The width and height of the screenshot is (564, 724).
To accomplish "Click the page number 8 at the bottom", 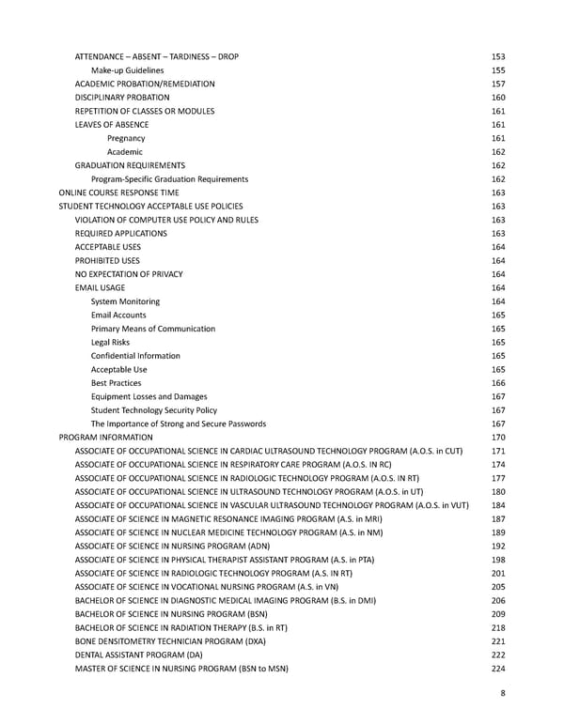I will pyautogui.click(x=503, y=697).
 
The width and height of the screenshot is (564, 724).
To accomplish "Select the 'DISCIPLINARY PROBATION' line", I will pyautogui.click(x=122, y=98).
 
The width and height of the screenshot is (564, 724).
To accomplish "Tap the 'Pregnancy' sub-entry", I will pyautogui.click(x=126, y=138).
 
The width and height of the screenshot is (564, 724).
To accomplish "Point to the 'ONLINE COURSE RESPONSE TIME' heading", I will pyautogui.click(x=118, y=193).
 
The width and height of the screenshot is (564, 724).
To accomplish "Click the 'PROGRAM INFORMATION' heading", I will pyautogui.click(x=105, y=438).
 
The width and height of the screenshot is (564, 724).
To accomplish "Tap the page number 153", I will pyautogui.click(x=498, y=56).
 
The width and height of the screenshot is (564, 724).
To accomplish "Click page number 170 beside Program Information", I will pyautogui.click(x=498, y=438).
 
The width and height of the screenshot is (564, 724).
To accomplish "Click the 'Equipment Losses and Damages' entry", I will pyautogui.click(x=149, y=396).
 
